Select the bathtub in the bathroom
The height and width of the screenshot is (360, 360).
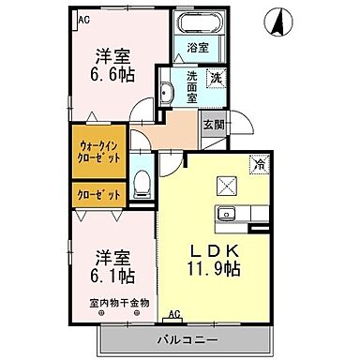click(197, 22)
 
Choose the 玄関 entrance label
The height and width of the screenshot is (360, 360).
click(212, 124)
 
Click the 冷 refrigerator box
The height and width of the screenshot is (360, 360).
click(257, 165)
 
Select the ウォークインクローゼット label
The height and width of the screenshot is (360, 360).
click(97, 151)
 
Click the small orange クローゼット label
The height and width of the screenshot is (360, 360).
click(97, 195)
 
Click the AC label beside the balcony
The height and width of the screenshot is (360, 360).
click(173, 314)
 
